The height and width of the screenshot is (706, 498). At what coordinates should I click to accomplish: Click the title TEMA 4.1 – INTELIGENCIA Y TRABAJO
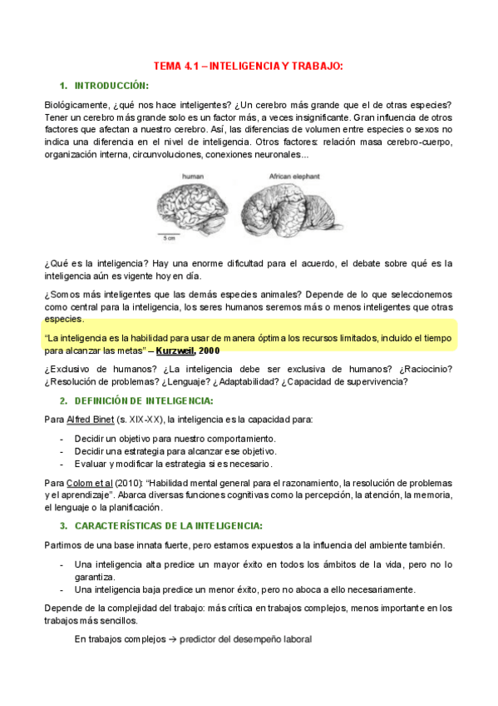tap(249, 66)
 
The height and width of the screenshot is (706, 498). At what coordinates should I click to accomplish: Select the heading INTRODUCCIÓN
tap(111, 86)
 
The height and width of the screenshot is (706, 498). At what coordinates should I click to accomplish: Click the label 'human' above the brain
tap(193, 177)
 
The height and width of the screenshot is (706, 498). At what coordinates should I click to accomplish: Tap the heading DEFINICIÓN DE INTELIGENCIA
tap(144, 401)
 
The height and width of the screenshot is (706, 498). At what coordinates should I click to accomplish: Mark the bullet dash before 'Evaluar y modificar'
tap(64, 464)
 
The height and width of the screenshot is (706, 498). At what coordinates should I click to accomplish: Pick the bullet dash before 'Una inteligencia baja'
tap(64, 590)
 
